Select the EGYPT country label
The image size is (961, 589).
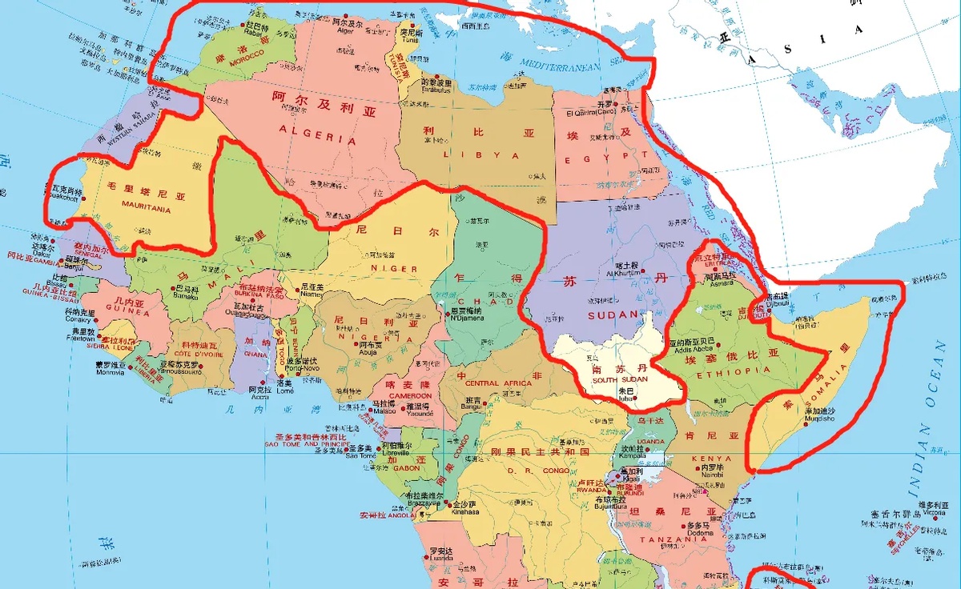[x=594, y=159]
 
